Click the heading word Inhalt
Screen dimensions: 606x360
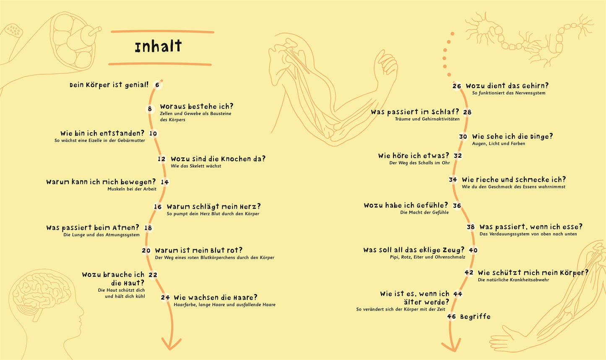[158, 47]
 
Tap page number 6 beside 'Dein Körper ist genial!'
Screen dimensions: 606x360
[157, 85]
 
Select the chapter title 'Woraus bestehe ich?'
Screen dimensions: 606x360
[197, 107]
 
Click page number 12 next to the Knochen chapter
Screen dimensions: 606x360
[161, 159]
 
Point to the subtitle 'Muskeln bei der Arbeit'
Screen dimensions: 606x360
[132, 189]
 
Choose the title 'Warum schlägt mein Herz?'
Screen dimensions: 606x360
[214, 207]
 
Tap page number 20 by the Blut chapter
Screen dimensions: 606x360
[146, 250]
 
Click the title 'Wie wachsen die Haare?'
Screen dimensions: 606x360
[216, 298]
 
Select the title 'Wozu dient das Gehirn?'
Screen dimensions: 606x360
[507, 86]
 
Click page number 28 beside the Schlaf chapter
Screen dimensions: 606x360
[467, 112]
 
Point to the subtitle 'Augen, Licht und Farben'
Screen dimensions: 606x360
[499, 143]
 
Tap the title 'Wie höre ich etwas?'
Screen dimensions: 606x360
[414, 156]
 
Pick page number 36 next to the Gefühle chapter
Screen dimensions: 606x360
[457, 206]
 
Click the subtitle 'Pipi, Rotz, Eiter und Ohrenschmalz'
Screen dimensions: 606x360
[427, 257]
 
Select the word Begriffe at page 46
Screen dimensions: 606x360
[475, 316]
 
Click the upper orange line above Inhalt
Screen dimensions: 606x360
[162, 31]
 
